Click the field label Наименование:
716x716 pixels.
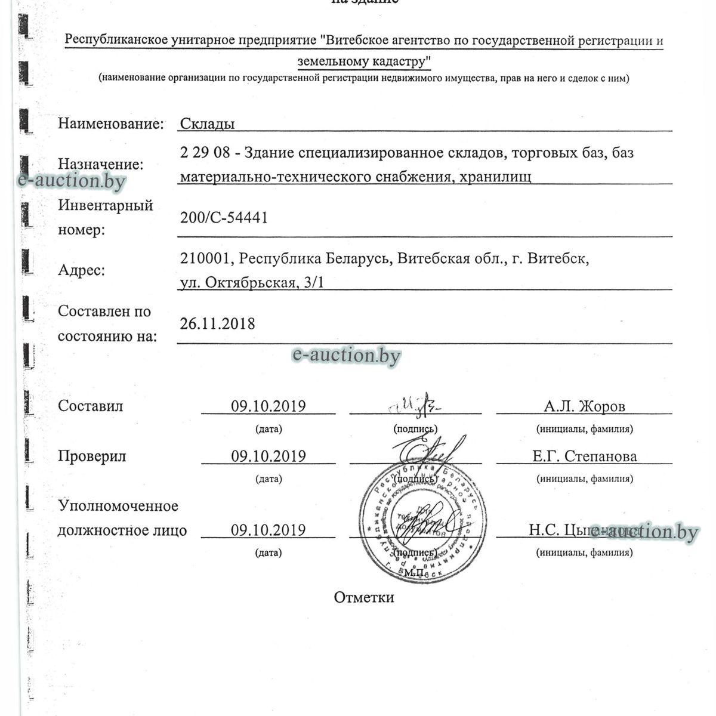coord(110,124)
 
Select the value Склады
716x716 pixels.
coord(207,124)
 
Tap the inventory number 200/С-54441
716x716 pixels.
coord(224,218)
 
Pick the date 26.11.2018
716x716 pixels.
coord(217,324)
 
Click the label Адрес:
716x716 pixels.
coord(81,270)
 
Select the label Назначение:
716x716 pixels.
coord(100,164)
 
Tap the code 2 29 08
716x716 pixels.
coord(205,153)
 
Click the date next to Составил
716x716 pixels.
coord(268,406)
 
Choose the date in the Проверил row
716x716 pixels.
coord(268,456)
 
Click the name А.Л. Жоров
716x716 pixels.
coord(584,406)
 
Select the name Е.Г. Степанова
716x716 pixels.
coord(584,456)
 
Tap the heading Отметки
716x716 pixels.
coord(364,597)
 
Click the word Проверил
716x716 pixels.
coord(92,456)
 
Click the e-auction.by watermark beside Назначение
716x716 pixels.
coord(72,180)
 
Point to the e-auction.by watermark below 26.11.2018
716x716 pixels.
coord(346,356)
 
